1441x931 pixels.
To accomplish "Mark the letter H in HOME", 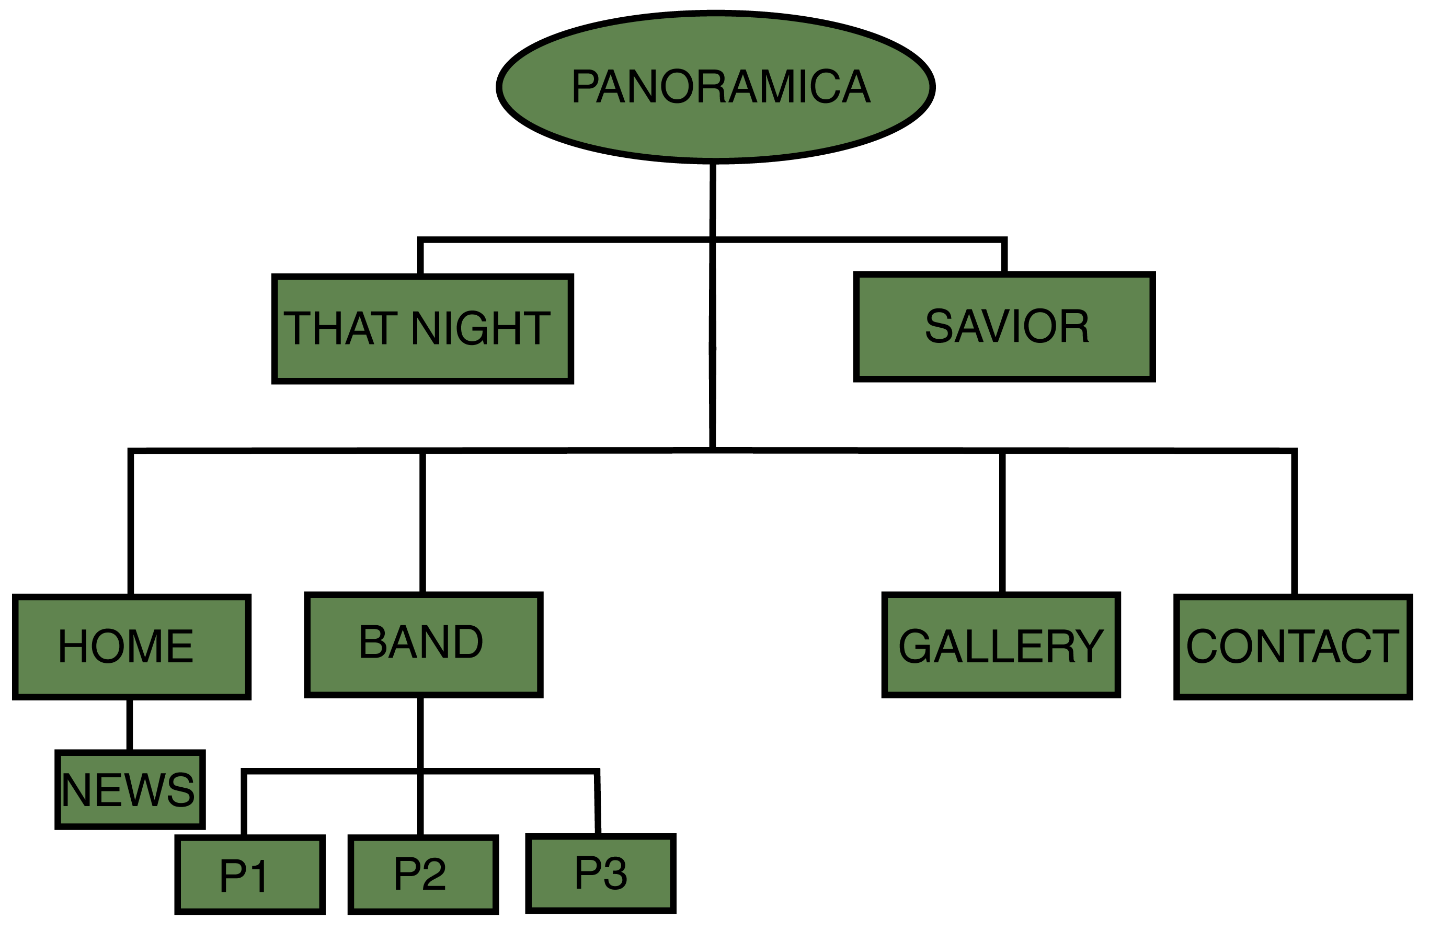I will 73,646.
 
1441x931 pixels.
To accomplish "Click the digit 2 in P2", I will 434,874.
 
